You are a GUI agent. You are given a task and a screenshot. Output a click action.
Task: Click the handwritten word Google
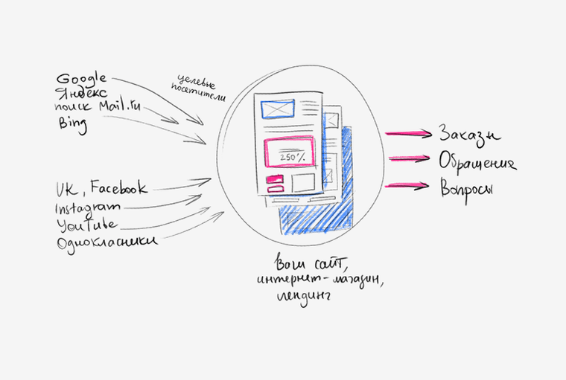(x=82, y=79)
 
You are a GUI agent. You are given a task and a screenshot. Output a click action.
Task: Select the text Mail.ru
(x=118, y=107)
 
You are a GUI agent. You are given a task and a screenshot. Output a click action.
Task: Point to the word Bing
(x=73, y=125)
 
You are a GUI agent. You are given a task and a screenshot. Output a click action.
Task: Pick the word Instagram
(x=87, y=206)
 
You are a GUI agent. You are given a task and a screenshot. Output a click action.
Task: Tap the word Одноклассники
(x=106, y=242)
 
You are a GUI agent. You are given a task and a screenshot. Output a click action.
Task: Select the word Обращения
(x=477, y=163)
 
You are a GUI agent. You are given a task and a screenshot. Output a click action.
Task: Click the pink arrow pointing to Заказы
(x=407, y=134)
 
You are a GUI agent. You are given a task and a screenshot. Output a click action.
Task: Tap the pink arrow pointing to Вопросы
(x=407, y=185)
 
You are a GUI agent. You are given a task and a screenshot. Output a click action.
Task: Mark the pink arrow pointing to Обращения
(x=407, y=158)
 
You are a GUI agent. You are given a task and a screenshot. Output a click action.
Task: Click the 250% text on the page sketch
(x=288, y=158)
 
